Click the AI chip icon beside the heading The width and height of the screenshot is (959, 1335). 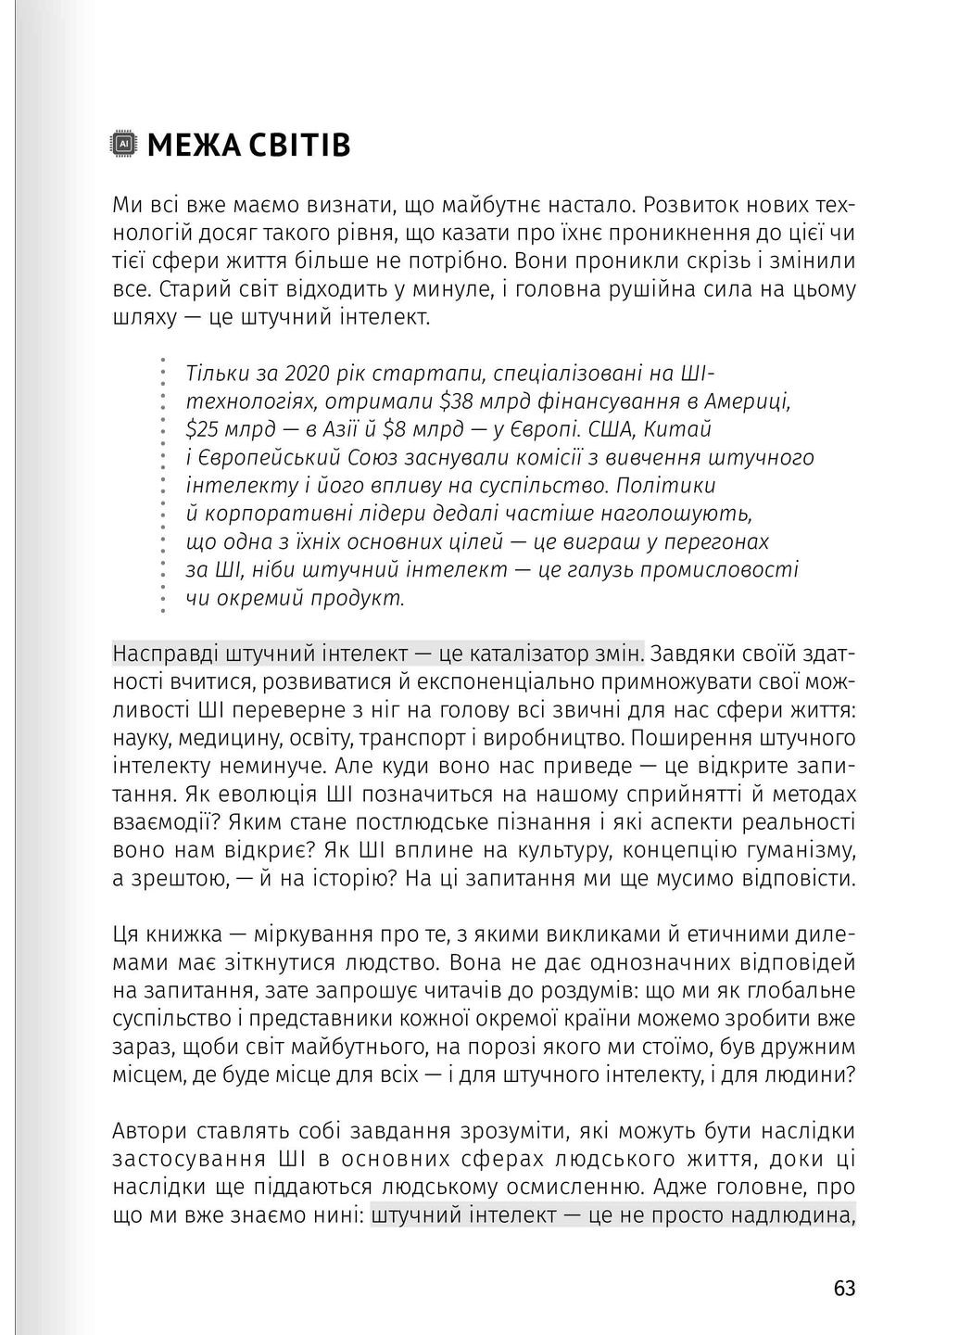[x=124, y=145]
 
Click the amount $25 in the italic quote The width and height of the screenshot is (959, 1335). [x=202, y=429]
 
